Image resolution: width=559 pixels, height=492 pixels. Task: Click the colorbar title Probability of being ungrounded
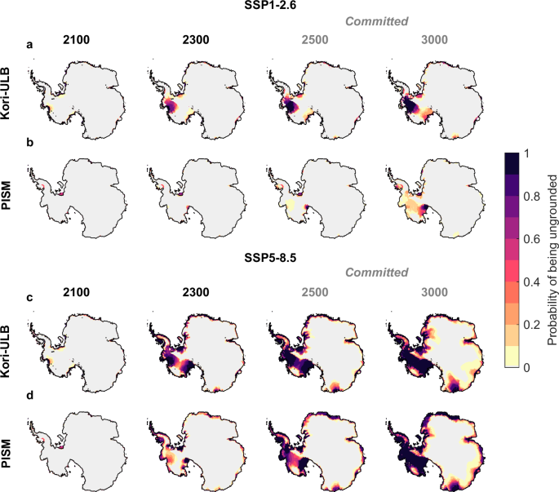pos(552,259)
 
